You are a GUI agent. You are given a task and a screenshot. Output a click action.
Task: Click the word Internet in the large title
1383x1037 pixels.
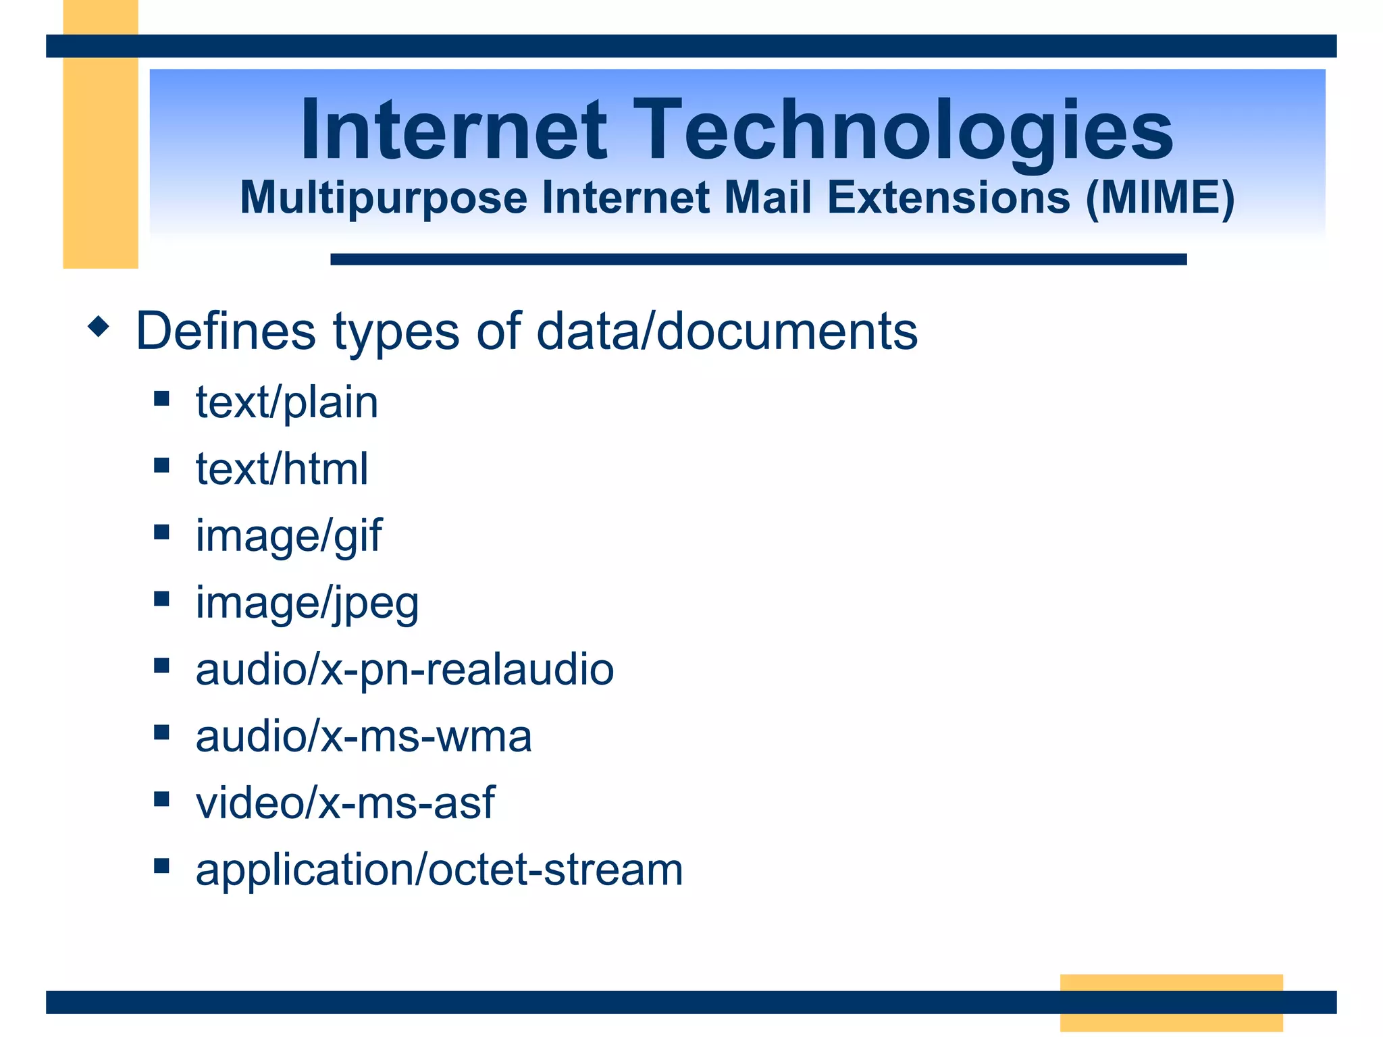454,130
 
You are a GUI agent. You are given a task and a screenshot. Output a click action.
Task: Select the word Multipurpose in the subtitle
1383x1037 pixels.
384,198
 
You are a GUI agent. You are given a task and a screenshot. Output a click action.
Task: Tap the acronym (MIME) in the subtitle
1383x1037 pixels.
1160,198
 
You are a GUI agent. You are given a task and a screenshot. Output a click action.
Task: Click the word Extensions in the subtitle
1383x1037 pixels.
948,198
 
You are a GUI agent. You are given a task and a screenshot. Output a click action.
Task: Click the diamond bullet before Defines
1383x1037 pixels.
99,327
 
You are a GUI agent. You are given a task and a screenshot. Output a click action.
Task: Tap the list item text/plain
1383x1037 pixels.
286,402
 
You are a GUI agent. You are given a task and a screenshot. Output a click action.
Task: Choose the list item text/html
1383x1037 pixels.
282,469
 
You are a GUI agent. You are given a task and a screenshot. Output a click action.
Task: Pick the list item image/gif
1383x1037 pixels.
288,536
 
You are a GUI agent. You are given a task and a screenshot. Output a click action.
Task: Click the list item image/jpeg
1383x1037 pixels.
307,603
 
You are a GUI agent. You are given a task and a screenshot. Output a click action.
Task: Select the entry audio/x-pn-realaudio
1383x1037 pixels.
405,670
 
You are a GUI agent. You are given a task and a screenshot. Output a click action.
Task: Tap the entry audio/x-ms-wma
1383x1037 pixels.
363,736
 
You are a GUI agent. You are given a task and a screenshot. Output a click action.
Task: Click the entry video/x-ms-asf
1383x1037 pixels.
345,803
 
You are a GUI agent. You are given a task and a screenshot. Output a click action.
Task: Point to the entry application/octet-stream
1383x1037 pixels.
439,870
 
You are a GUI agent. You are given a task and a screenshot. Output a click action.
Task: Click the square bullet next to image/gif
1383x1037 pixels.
161,532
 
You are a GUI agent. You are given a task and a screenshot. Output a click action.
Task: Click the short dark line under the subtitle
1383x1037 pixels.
758,259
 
